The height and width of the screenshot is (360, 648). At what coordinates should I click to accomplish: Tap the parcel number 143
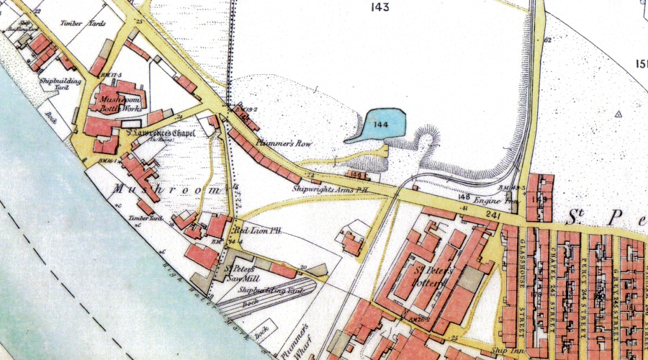(x=380, y=8)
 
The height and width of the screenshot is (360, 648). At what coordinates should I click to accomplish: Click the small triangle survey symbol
(x=618, y=114)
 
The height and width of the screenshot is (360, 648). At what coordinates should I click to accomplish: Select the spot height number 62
(x=548, y=40)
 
